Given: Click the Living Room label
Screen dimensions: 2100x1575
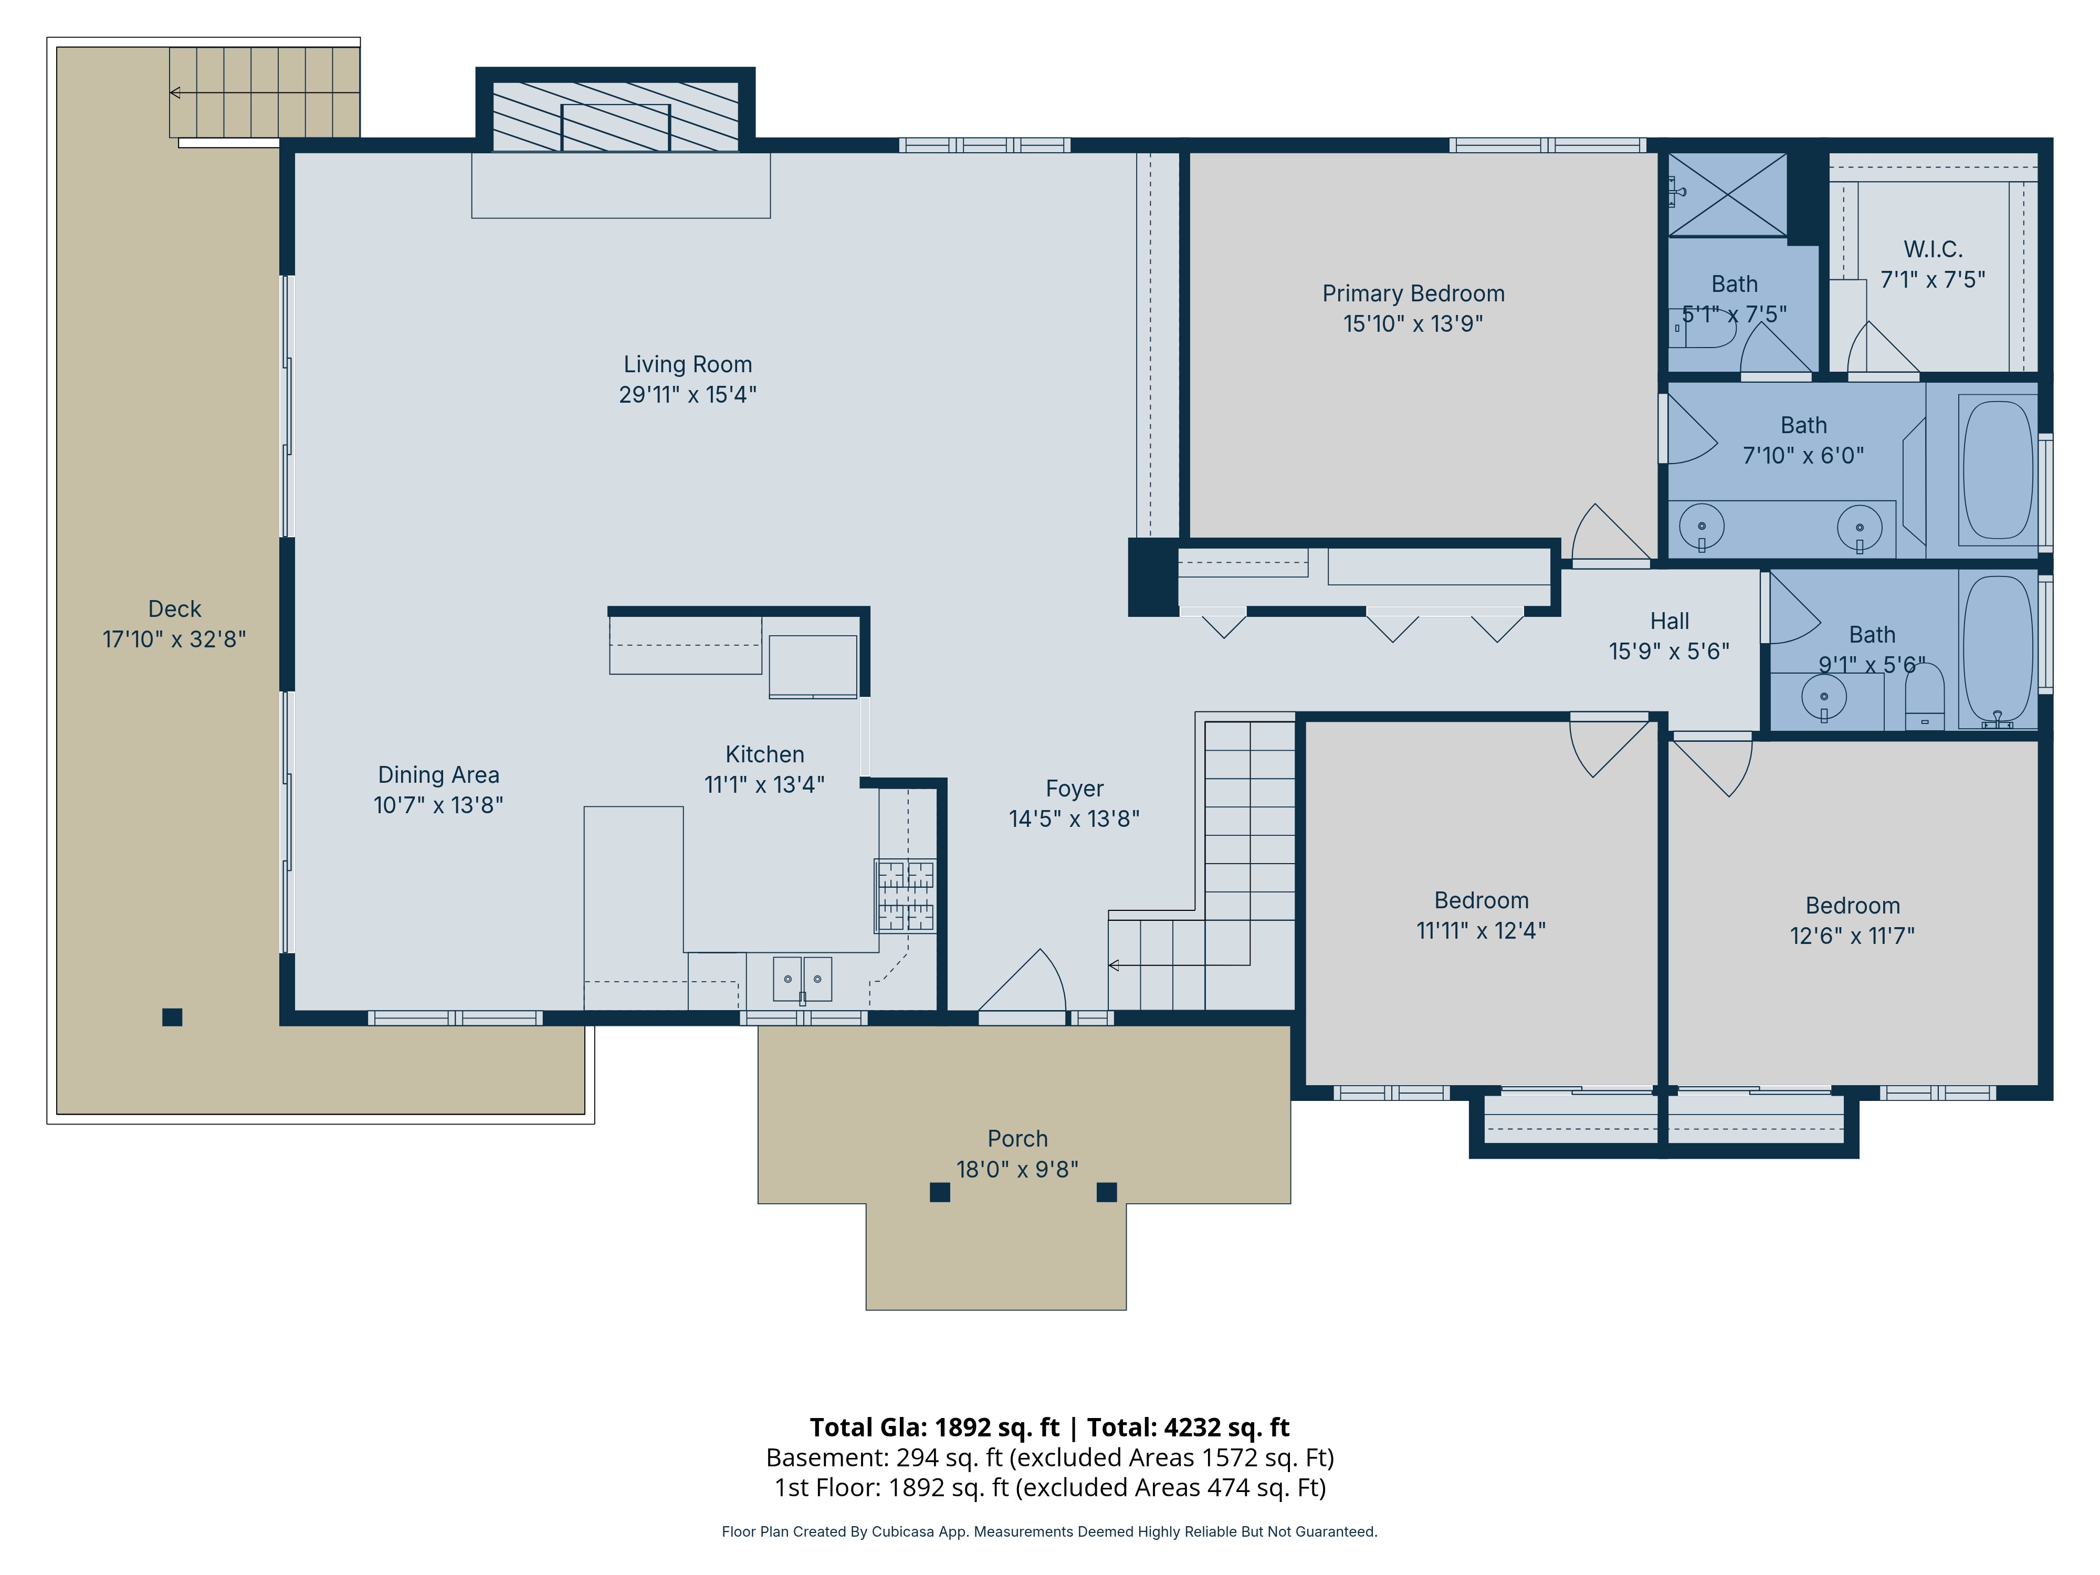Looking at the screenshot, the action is (687, 364).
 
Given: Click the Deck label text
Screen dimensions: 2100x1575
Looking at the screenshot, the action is (175, 608).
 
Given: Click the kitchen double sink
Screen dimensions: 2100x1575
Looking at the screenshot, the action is (802, 979).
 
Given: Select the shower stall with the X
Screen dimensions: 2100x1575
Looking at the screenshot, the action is (1728, 195).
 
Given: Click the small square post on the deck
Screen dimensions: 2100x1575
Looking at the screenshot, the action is (172, 1017).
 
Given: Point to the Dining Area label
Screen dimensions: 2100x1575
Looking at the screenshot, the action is (438, 775).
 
